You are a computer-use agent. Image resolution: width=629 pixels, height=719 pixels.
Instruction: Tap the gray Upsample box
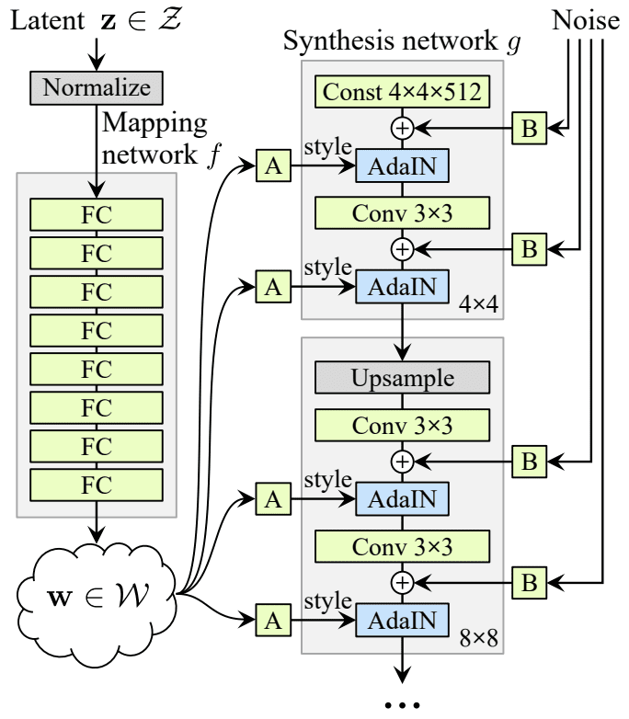[402, 378]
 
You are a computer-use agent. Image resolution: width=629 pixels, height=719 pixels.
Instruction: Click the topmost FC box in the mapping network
[97, 213]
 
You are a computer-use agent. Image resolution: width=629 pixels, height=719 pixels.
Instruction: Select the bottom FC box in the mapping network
[97, 484]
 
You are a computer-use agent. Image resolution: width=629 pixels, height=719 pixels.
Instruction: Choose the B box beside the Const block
[529, 131]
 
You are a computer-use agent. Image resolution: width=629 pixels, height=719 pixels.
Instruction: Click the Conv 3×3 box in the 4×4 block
[402, 212]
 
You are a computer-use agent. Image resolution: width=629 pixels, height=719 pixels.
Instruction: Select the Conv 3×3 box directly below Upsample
[402, 426]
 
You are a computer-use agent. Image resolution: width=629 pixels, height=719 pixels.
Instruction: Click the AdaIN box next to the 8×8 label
[402, 621]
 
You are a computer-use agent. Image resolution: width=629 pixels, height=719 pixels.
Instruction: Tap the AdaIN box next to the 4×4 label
[402, 288]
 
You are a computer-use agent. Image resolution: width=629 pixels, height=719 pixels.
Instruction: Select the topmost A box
[273, 167]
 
